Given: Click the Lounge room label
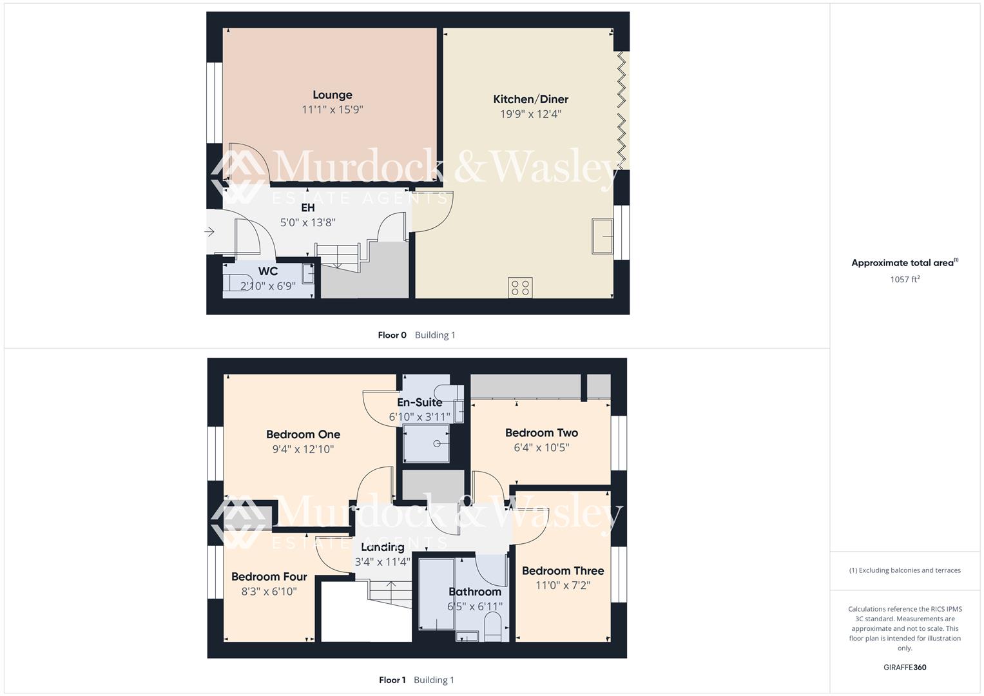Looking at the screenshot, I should click(333, 95).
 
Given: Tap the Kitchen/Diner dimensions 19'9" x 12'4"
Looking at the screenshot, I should click(530, 114).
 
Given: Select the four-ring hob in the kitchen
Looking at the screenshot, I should click(521, 287).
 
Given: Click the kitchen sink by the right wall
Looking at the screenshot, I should click(603, 237).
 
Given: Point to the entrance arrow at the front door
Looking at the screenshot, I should click(209, 231).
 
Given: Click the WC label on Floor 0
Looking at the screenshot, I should click(268, 271).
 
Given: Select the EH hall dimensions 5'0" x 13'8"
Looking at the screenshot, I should click(307, 222).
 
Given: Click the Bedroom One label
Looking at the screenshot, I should click(303, 434).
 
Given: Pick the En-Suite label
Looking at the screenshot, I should click(420, 402).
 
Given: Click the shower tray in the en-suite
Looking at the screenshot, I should click(426, 443).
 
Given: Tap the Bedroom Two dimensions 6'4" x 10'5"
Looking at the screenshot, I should click(541, 447).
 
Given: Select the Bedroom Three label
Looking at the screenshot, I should click(563, 570).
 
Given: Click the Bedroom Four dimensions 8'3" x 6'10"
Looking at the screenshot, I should click(269, 591).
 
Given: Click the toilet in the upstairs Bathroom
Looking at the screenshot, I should click(492, 626).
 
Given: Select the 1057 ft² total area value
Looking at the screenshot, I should click(904, 279).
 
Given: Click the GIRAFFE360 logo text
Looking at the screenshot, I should click(904, 667).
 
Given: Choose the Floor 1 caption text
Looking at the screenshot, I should click(392, 680).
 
